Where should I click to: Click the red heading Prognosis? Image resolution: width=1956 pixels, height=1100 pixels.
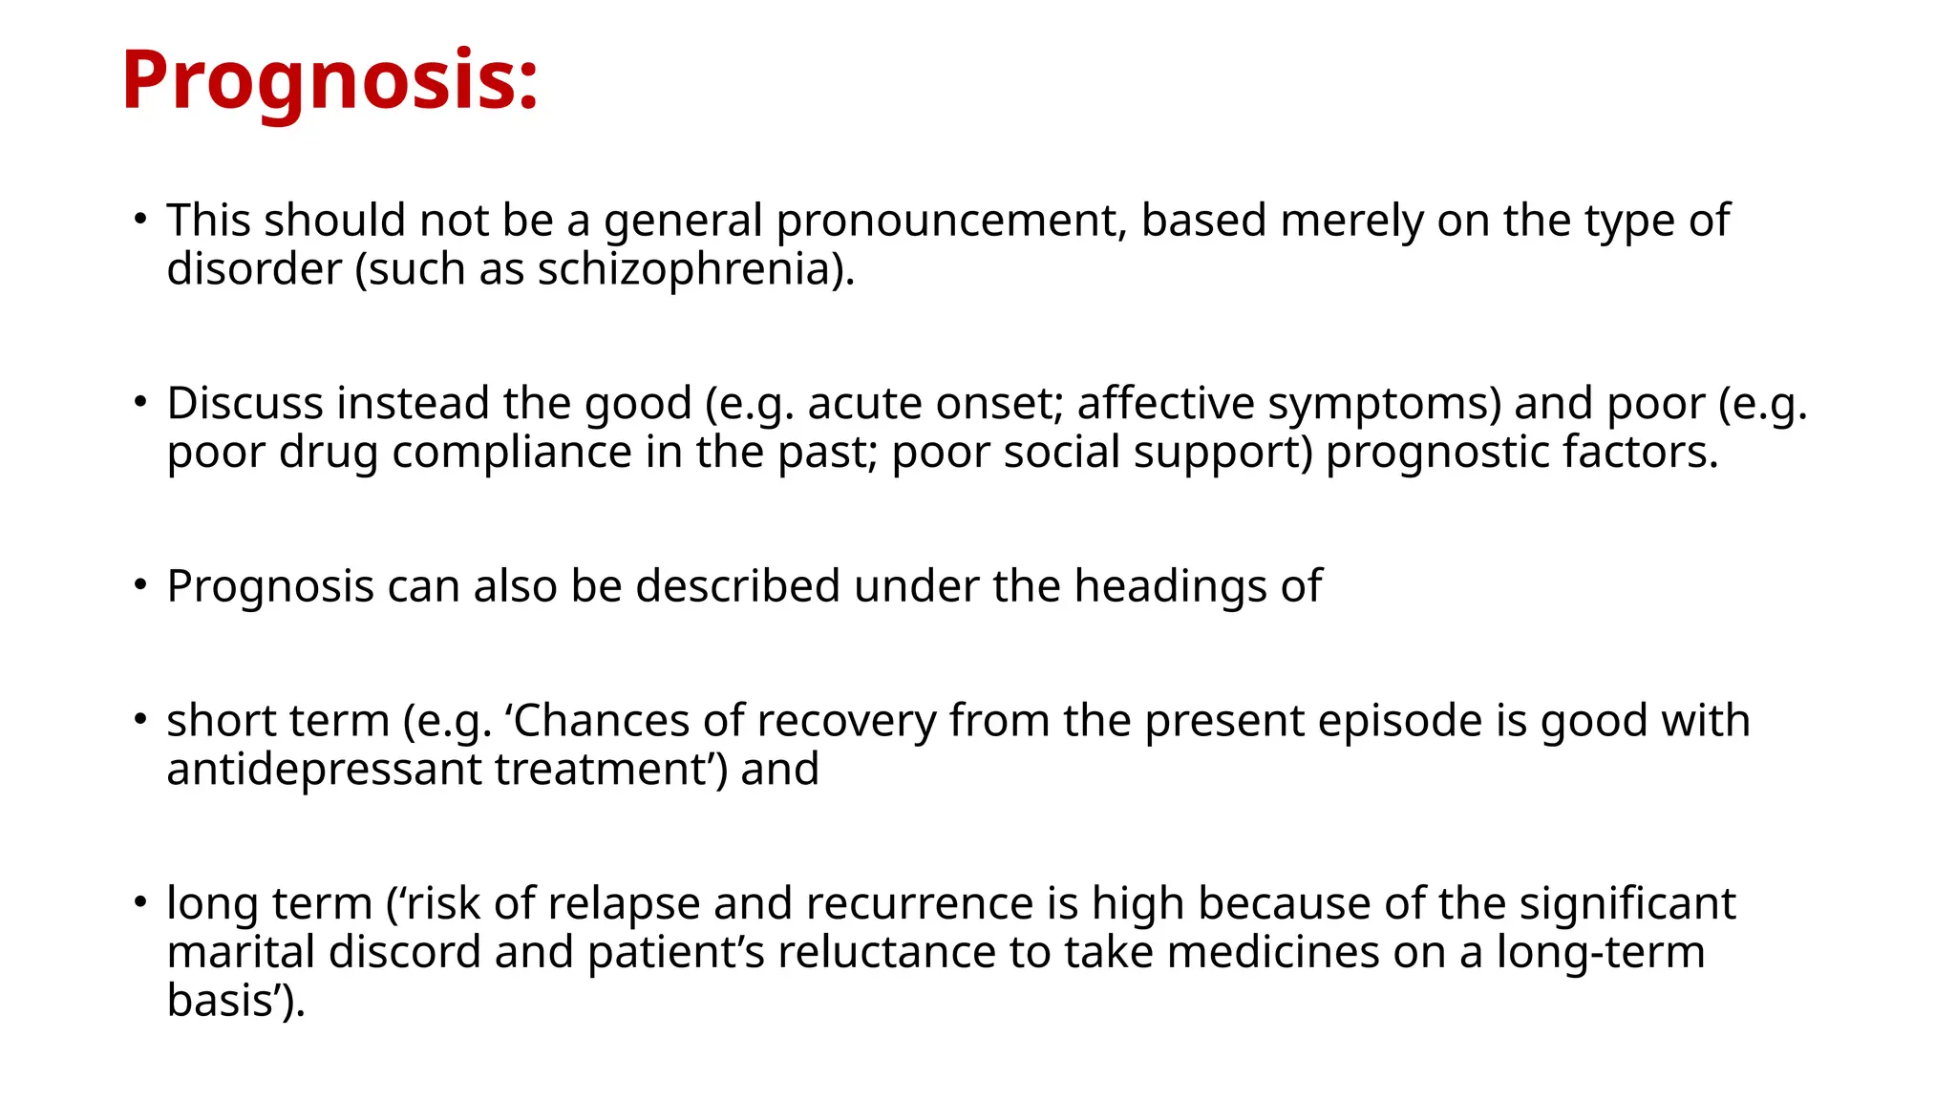pyautogui.click(x=330, y=80)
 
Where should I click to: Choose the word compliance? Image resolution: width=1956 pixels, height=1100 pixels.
pyautogui.click(x=512, y=452)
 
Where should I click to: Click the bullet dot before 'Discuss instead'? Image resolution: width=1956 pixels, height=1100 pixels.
pyautogui.click(x=140, y=401)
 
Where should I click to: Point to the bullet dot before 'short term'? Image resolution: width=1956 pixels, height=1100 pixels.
pyautogui.click(x=140, y=718)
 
